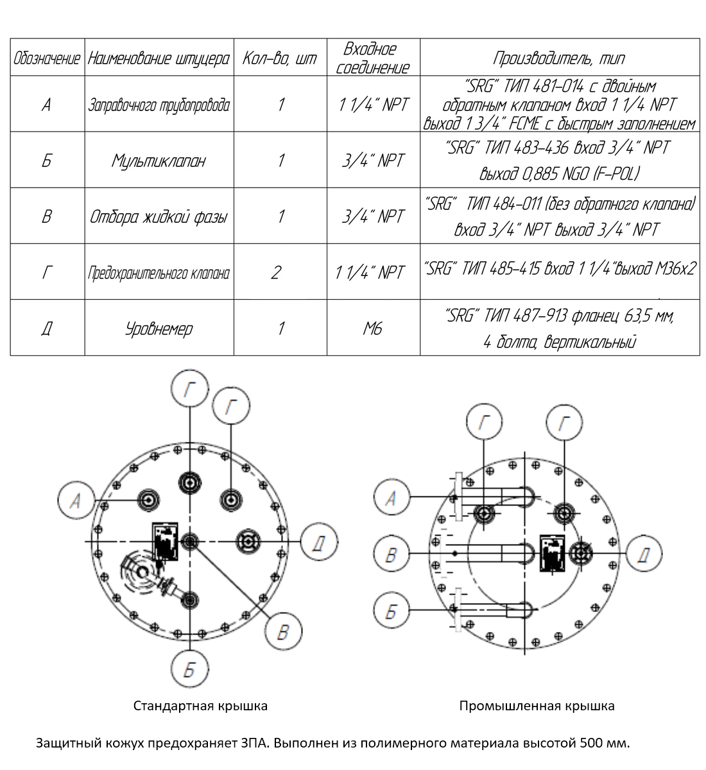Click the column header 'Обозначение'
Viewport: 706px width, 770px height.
(x=47, y=58)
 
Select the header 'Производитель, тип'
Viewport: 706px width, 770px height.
(x=559, y=58)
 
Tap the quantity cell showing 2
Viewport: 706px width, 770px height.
(x=276, y=272)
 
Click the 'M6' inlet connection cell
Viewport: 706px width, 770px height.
(x=372, y=328)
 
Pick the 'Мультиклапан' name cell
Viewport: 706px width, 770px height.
(x=159, y=161)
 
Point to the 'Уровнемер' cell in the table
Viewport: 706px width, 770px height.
(x=159, y=329)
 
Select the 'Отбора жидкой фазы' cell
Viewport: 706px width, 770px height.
(x=159, y=216)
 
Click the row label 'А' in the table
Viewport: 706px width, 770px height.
(x=47, y=105)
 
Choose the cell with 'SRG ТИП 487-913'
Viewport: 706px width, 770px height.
(x=560, y=328)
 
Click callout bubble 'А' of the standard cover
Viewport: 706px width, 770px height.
(x=76, y=500)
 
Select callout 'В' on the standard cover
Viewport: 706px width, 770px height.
(x=283, y=631)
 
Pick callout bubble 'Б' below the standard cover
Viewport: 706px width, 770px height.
(x=190, y=670)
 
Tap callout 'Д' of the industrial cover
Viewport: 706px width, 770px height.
(x=645, y=554)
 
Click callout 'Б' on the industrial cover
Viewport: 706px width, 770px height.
(x=391, y=611)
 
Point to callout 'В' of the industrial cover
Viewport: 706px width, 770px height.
(x=391, y=555)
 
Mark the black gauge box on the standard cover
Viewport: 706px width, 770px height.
(x=165, y=541)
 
